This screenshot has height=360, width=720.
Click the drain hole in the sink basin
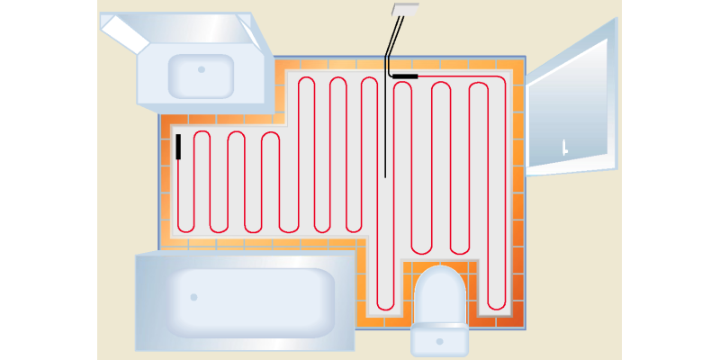click(x=202, y=69)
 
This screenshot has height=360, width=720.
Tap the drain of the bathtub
click(x=193, y=297)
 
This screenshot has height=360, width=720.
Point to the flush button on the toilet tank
click(x=439, y=341)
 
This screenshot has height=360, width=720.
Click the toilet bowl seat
click(x=440, y=295)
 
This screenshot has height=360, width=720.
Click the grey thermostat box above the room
click(x=405, y=10)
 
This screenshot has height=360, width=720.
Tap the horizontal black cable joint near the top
click(x=405, y=76)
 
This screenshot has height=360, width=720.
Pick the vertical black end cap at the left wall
click(x=178, y=147)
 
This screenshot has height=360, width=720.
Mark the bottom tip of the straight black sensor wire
click(x=385, y=177)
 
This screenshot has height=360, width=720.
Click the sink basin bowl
click(x=201, y=76)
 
